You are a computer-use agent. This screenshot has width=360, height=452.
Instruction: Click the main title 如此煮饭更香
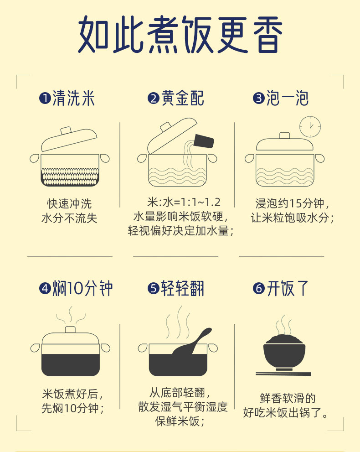[x=180, y=34]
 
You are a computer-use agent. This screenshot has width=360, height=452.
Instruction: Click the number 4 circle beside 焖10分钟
[x=45, y=289]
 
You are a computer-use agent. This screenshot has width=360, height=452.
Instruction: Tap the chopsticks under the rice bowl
[x=283, y=374]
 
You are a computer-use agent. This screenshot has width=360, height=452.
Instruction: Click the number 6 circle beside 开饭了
[x=258, y=289]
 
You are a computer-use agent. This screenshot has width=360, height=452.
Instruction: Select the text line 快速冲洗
[x=69, y=203]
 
